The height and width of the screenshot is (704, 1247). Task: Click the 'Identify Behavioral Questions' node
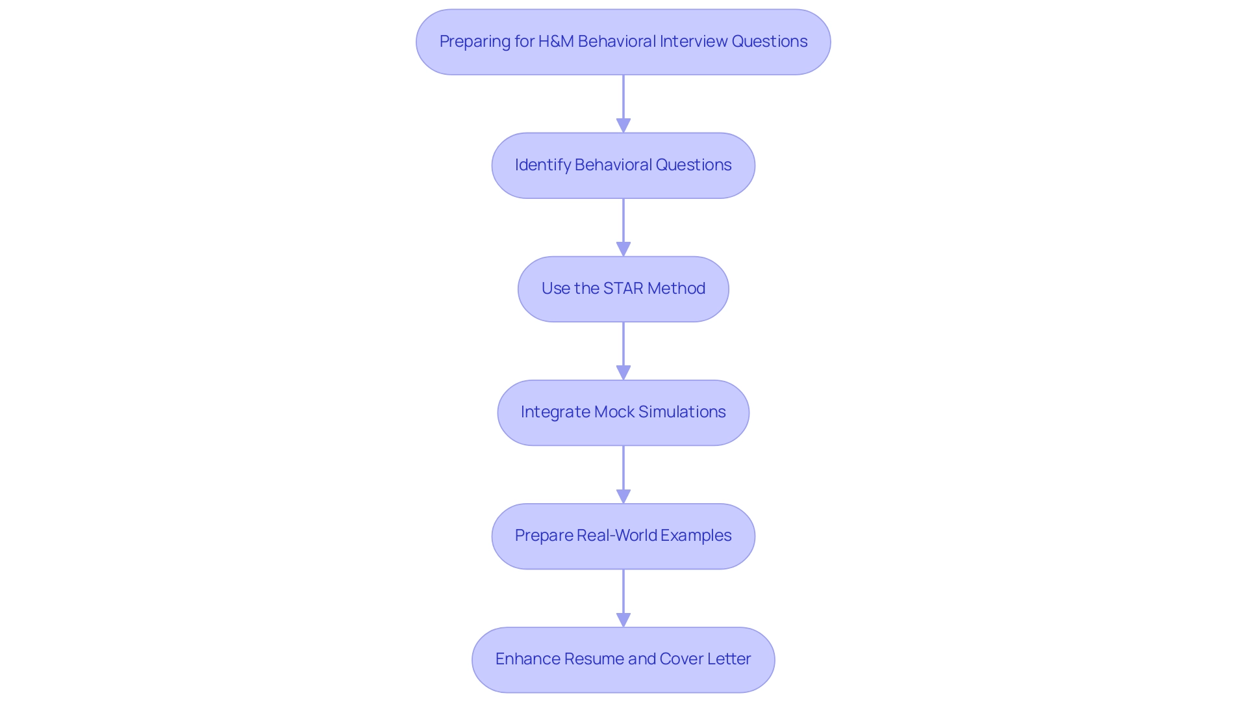click(623, 165)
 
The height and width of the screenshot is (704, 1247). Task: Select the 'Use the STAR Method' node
click(623, 289)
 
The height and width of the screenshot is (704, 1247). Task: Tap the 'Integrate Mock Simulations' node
click(623, 412)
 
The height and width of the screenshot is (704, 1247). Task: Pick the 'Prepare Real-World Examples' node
click(623, 536)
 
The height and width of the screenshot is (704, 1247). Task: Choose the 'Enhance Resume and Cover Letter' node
click(623, 659)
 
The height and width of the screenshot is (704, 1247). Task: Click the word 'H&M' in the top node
click(556, 42)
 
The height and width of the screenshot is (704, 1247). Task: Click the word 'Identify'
click(542, 165)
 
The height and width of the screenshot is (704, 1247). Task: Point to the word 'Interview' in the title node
click(694, 42)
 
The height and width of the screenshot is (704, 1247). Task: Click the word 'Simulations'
click(682, 412)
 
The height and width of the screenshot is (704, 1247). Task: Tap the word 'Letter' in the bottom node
click(729, 659)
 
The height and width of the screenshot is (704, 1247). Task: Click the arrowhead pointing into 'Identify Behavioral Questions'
click(623, 125)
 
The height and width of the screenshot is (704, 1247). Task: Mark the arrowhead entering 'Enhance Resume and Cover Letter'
click(623, 619)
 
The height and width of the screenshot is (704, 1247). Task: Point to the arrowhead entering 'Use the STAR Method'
click(623, 249)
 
